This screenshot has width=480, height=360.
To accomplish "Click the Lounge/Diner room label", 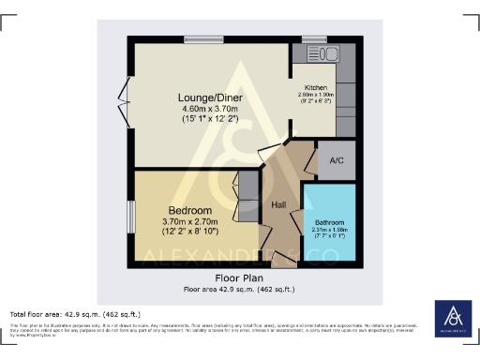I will click(210, 97).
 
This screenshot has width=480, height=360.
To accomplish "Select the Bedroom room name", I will click(190, 210).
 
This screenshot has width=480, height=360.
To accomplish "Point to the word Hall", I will click(278, 204).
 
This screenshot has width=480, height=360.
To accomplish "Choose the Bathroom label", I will click(328, 221).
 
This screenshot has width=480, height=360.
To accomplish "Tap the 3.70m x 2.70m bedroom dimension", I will click(190, 222).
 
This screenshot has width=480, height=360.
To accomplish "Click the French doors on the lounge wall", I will click(124, 97).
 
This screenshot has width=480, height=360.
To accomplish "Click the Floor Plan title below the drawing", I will click(240, 278).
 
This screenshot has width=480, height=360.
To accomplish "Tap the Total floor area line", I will click(75, 313).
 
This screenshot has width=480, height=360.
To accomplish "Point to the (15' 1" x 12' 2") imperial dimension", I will click(210, 121).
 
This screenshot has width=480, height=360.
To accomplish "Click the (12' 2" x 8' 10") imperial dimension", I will click(190, 233).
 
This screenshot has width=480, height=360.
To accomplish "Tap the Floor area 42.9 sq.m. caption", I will click(240, 289).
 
